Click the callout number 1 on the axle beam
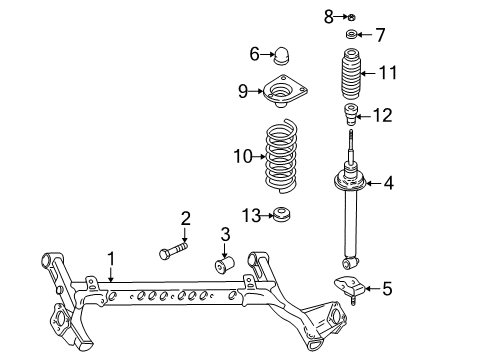tap(112, 258)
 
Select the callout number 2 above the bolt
tap(185, 219)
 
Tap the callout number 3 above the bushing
tap(225, 234)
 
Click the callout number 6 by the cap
tap(254, 53)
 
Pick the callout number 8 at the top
tap(327, 15)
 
